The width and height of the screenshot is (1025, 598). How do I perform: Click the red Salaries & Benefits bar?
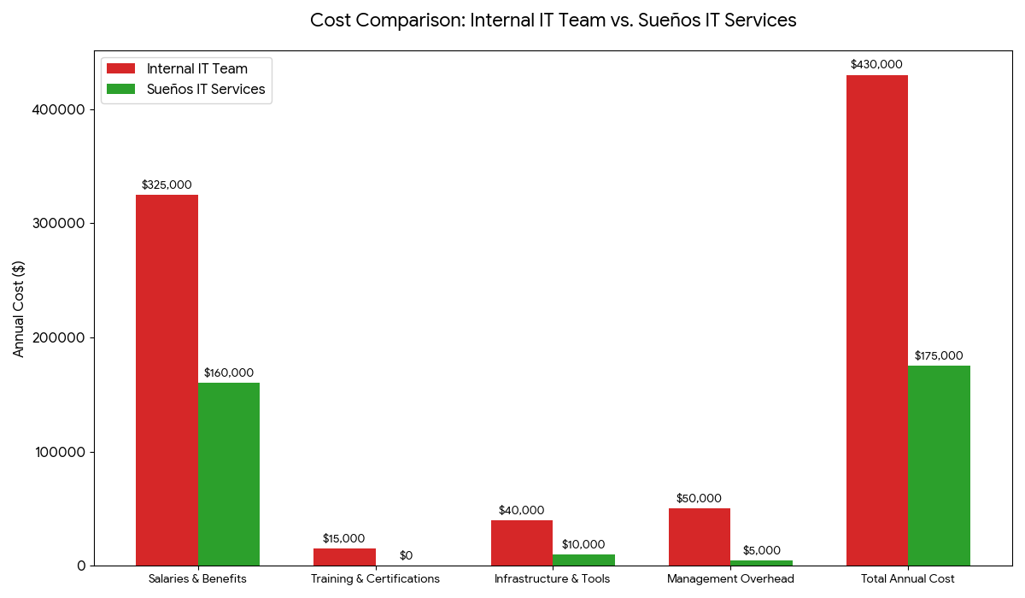click(x=167, y=380)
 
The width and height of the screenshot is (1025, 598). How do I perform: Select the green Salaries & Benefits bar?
click(x=229, y=474)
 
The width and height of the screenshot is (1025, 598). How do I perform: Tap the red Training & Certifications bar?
click(x=344, y=557)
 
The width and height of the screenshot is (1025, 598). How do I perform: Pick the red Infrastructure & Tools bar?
click(x=522, y=542)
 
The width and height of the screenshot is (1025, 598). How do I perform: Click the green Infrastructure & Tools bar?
click(x=583, y=560)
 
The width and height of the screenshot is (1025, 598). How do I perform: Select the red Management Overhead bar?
click(x=700, y=536)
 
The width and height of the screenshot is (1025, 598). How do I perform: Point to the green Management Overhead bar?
click(x=761, y=563)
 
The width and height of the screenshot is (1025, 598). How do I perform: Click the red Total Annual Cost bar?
click(x=877, y=320)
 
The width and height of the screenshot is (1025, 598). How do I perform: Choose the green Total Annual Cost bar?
click(x=939, y=466)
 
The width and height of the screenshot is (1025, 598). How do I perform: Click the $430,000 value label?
click(x=876, y=64)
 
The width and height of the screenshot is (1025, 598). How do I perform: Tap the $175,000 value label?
click(x=939, y=355)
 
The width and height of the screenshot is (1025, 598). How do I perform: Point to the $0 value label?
click(x=406, y=555)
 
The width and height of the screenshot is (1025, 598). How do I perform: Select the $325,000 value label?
click(x=167, y=185)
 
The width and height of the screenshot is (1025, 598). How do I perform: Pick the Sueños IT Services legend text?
click(x=206, y=89)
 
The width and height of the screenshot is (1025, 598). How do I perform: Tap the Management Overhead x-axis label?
click(x=730, y=578)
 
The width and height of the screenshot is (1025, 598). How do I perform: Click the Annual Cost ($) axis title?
click(x=19, y=308)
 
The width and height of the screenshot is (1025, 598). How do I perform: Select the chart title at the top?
click(x=553, y=21)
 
